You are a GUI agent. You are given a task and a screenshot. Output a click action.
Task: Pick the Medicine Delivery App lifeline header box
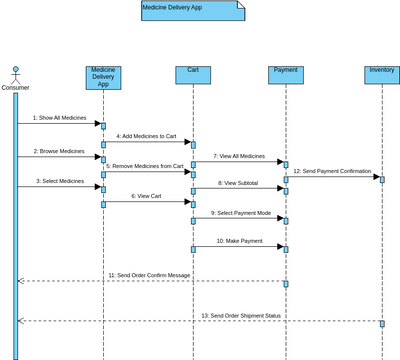point(103,76)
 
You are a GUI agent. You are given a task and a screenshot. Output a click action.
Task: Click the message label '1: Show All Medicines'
point(58,118)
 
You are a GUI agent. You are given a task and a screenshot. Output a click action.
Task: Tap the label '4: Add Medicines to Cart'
point(146,135)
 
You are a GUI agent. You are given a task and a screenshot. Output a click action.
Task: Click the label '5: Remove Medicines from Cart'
point(148,166)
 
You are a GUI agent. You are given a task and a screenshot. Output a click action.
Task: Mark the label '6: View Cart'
point(146,197)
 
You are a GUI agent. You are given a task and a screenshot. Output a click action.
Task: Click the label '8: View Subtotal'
point(238,183)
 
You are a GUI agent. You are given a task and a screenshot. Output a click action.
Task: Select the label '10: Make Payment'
point(239,241)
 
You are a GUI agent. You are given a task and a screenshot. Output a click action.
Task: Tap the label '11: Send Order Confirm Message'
point(149,274)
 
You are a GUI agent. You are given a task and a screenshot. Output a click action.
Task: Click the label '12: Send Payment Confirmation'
point(334,172)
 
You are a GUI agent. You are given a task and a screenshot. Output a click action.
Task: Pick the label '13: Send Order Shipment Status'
point(243,315)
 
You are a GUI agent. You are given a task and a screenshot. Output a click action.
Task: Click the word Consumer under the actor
point(15,88)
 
